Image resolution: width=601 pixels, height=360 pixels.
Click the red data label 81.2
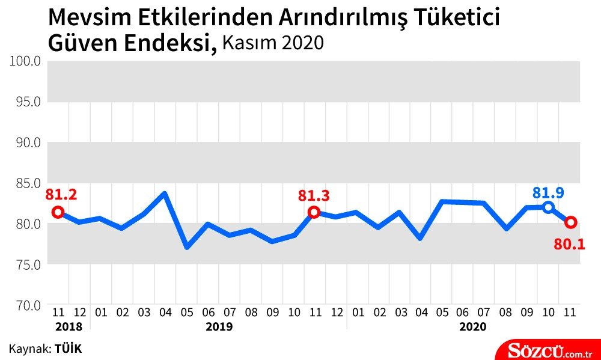pos(61,194)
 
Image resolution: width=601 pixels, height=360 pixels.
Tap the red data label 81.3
pos(314,195)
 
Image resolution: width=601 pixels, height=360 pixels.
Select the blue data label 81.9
pos(548,193)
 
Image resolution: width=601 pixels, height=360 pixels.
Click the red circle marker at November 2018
pos(58,212)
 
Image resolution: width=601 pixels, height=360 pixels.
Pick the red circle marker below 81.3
pos(314,212)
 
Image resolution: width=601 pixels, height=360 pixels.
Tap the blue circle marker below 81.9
pos(548,207)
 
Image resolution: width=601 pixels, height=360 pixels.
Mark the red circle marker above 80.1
pos(570,222)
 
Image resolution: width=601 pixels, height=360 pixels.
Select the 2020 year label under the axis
pos(473,326)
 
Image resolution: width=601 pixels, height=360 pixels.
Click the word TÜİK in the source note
pos(68,348)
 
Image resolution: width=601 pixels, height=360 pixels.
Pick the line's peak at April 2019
pos(165,194)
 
